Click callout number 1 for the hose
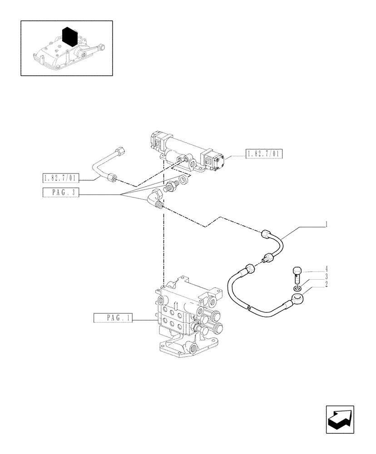[326, 224]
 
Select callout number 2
[326, 285]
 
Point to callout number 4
[326, 268]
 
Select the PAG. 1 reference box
[113, 318]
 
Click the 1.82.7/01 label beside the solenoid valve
[264, 154]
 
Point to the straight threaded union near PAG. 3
[172, 187]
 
